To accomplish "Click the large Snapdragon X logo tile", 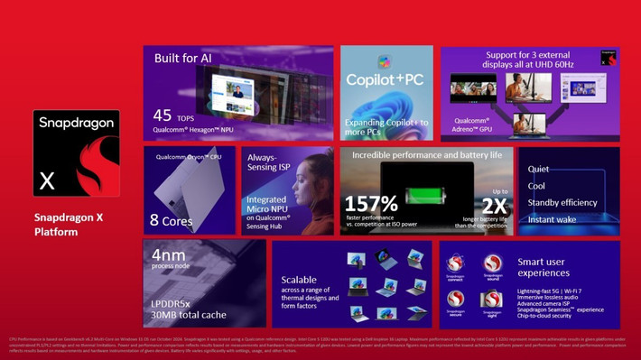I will pyautogui.click(x=77, y=156).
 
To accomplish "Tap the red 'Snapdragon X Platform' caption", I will pyautogui.click(x=69, y=225).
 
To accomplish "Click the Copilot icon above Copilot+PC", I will pyautogui.click(x=384, y=61).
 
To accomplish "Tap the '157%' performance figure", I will pyautogui.click(x=370, y=204).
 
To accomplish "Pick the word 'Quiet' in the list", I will pyautogui.click(x=538, y=169).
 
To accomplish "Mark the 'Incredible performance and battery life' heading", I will pyautogui.click(x=426, y=154).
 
